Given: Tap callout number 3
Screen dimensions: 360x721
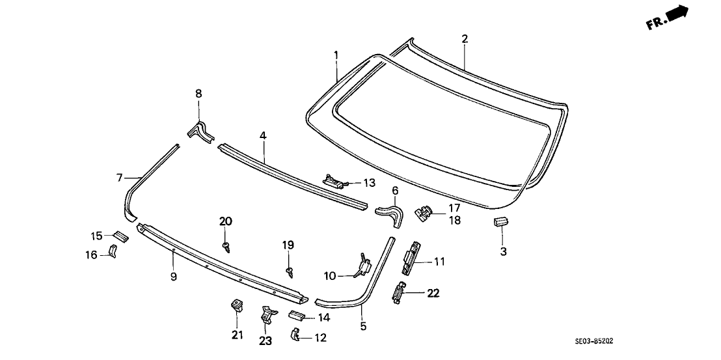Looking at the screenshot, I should [502, 251].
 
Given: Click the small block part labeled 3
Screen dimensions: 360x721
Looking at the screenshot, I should [500, 222].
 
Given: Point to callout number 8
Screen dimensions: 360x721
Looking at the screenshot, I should [199, 94].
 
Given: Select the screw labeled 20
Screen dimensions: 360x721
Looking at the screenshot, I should [226, 245].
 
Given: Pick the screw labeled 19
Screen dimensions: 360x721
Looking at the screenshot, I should [289, 269].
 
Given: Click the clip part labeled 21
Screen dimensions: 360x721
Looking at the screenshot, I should [236, 305].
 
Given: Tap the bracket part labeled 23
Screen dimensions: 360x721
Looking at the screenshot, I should [266, 315].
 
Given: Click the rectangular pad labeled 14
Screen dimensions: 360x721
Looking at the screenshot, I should [297, 316].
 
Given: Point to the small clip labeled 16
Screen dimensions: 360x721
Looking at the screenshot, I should [113, 251].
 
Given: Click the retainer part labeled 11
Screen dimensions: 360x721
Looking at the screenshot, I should [411, 261].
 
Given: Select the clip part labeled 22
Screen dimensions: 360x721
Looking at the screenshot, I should [398, 294].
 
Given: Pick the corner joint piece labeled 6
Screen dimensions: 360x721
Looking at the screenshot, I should [391, 213].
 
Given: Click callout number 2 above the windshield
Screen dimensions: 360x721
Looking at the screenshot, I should [465, 39].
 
